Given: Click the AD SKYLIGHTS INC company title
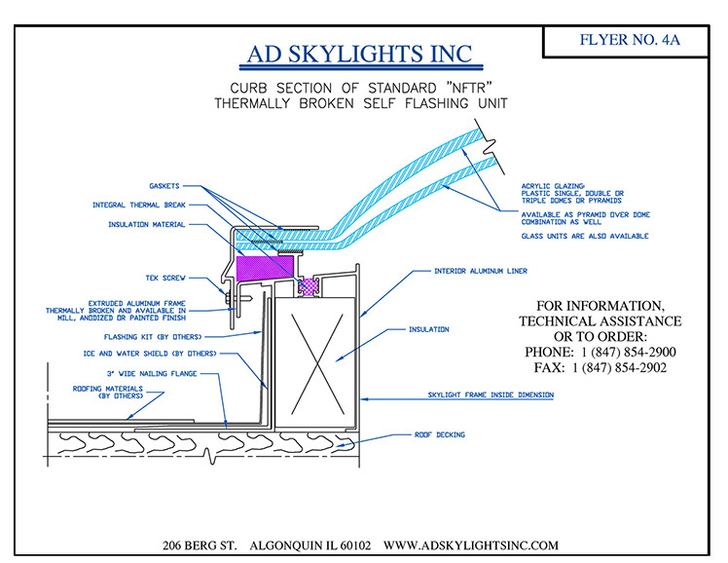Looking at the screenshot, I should point(360,55).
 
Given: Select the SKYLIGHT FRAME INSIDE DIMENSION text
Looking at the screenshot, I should point(491,394).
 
